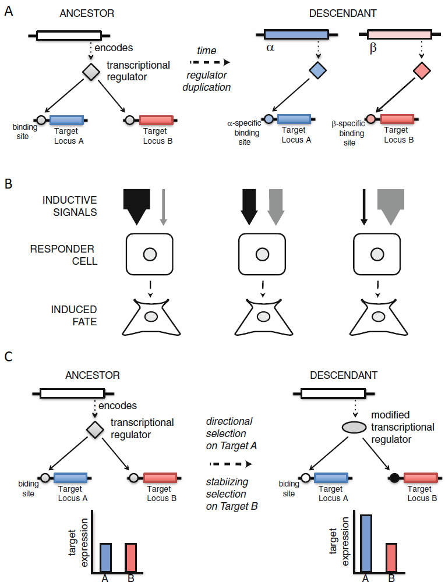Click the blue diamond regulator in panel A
pyautogui.click(x=317, y=71)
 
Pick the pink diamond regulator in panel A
pyautogui.click(x=422, y=71)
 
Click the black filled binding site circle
pyautogui.click(x=394, y=478)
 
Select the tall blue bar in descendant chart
pyautogui.click(x=365, y=544)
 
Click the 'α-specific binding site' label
pyautogui.click(x=244, y=133)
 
